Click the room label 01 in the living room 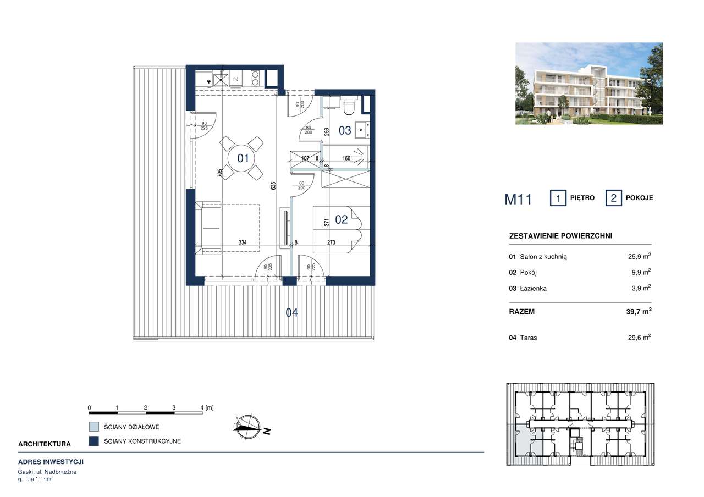point(243,158)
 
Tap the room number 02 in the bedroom point(342,219)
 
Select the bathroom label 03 point(345,130)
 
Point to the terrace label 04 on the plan point(291,313)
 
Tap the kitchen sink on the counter point(221,79)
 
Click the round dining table point(243,158)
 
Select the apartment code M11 point(518,199)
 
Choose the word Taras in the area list point(529,338)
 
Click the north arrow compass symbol point(249,426)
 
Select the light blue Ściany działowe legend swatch point(94,427)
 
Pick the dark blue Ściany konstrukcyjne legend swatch point(94,441)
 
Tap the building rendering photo point(588,84)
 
